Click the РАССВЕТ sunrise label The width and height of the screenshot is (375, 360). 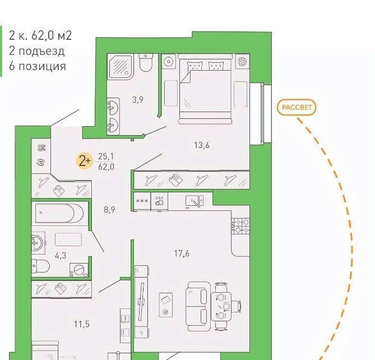tap(297, 107)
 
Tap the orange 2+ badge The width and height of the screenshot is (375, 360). tap(84, 161)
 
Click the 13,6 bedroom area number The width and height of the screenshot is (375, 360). tap(202, 145)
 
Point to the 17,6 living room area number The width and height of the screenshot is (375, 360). tap(182, 253)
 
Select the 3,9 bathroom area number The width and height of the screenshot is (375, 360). tap(138, 99)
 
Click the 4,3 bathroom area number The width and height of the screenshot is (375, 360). tap(61, 256)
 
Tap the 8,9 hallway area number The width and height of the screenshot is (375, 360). tap(109, 210)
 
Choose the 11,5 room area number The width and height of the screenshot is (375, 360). tap(81, 324)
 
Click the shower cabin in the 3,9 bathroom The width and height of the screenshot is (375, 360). tap(121, 67)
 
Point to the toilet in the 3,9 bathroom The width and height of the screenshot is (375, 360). tap(146, 63)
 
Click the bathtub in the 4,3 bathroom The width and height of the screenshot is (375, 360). tap(59, 214)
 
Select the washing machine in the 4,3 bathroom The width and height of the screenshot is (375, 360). tap(78, 270)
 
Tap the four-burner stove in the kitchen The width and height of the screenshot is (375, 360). tap(240, 226)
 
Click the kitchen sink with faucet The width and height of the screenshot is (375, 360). tap(194, 201)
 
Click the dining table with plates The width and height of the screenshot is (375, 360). tap(221, 307)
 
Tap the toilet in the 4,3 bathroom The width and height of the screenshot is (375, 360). tap(40, 266)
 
